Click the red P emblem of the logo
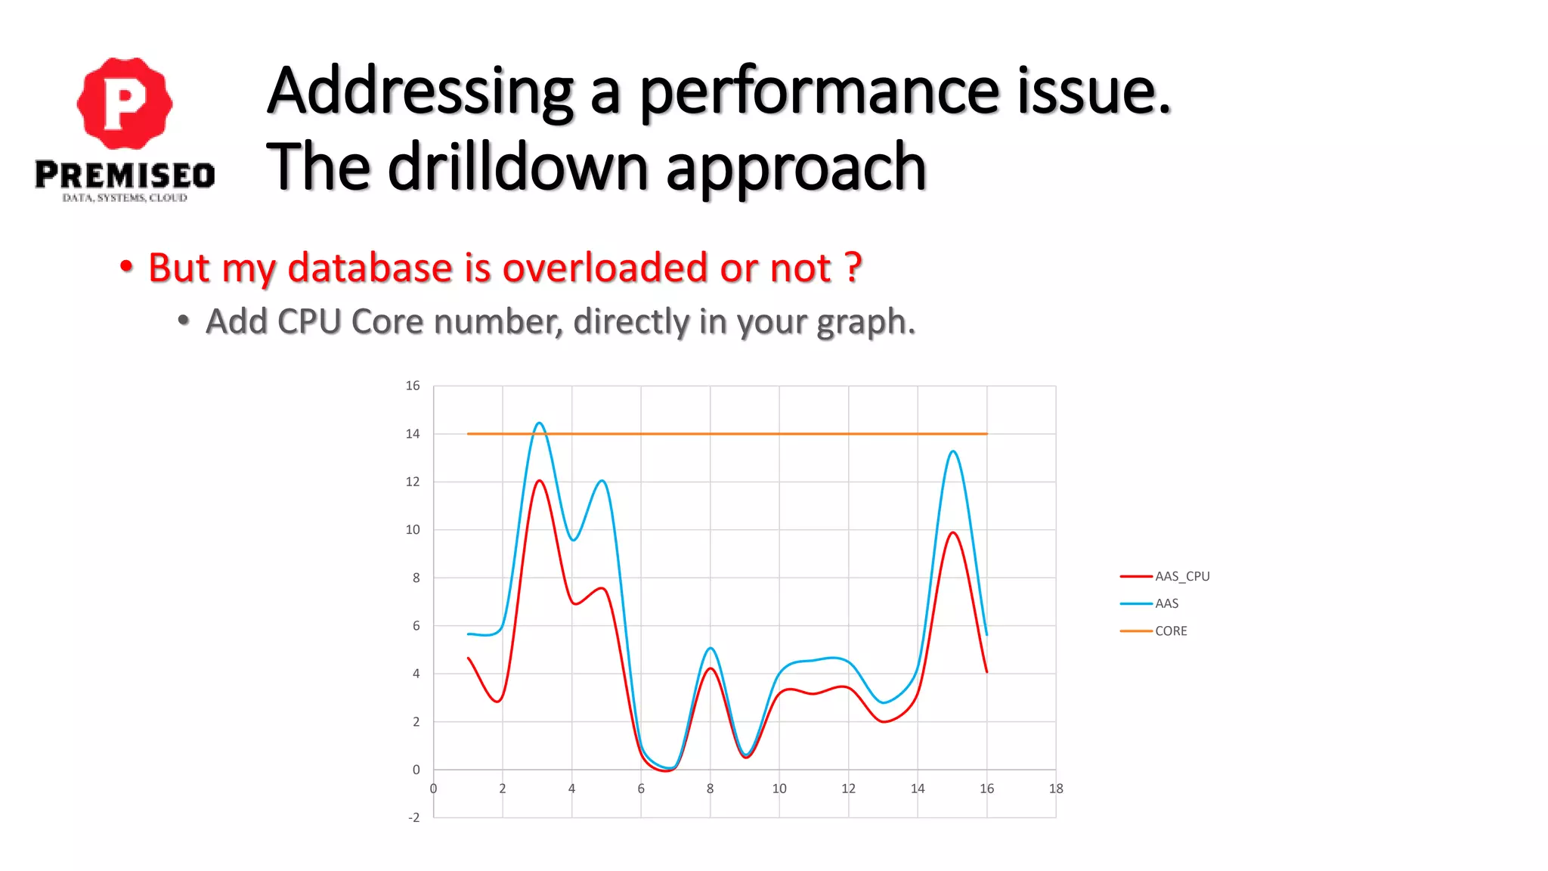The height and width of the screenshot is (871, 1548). coord(125,103)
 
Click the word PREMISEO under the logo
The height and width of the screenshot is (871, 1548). coord(125,175)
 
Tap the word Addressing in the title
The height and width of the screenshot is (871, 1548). coord(420,91)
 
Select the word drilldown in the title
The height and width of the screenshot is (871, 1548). coord(518,168)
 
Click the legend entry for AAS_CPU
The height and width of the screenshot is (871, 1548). coord(1182,576)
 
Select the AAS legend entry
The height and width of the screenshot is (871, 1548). coord(1166,603)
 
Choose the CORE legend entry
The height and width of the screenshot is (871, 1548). coord(1171,631)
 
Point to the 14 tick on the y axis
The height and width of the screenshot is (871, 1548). coord(413,434)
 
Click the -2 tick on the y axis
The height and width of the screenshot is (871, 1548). coord(413,817)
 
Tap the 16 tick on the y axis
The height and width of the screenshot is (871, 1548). coord(413,386)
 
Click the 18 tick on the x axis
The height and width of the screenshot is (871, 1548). coord(1056,789)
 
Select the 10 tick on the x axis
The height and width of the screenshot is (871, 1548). coord(779,789)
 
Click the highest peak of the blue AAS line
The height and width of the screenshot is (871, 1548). coord(539,423)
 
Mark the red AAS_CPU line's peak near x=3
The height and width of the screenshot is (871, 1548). coord(539,481)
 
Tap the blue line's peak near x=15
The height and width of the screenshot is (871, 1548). coord(953,451)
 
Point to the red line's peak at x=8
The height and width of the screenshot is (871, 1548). coord(711,668)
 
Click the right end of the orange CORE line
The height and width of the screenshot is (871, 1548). coord(986,434)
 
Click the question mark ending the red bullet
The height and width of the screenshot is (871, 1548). coord(853,268)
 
